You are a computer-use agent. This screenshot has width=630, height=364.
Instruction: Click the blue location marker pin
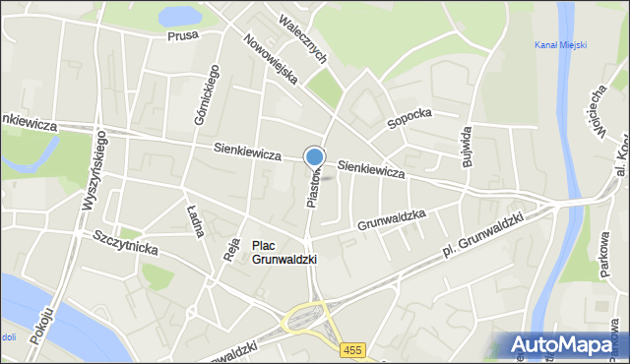(314, 156)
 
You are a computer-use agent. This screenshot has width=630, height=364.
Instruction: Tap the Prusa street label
(182, 35)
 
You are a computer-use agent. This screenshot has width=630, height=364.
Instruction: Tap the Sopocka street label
(409, 118)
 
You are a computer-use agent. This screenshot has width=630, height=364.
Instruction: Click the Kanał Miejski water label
(560, 45)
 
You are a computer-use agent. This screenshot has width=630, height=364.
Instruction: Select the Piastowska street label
(312, 185)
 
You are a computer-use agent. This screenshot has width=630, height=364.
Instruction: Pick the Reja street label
(232, 244)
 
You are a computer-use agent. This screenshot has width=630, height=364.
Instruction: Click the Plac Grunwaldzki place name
(283, 252)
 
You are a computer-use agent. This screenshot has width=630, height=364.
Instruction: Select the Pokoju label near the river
(39, 324)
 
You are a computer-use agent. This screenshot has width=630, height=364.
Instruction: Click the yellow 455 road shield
(352, 350)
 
